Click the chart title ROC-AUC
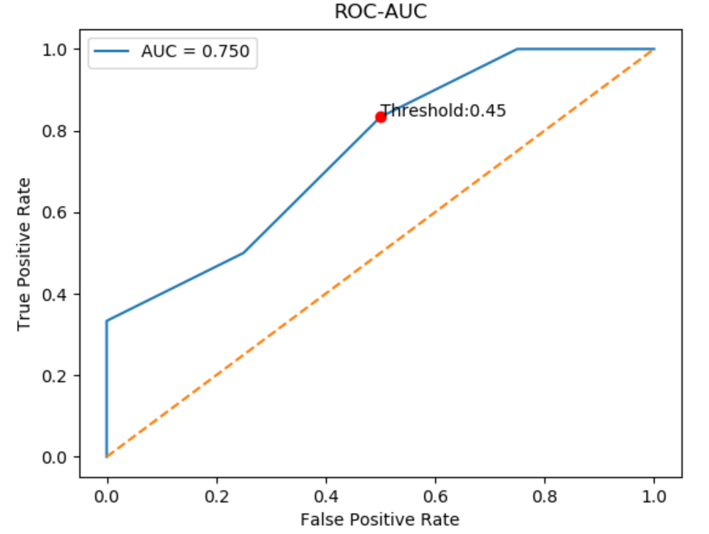[380, 13]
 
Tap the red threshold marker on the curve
[380, 117]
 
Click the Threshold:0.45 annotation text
[444, 111]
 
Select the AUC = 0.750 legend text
[195, 53]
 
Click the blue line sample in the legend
[112, 53]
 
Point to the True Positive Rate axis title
[23, 252]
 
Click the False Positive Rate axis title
[380, 519]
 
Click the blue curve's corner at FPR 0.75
[517, 49]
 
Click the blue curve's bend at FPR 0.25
[244, 252]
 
